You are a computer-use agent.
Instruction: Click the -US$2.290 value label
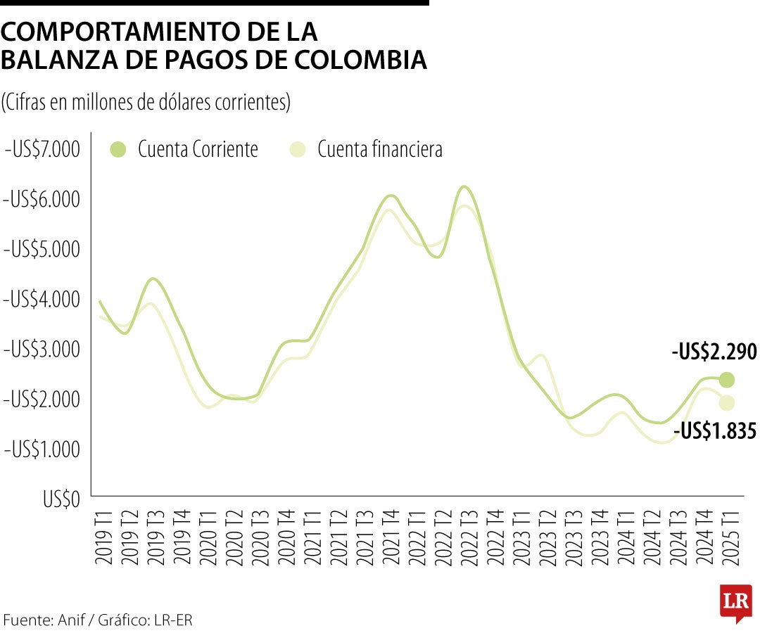pyautogui.click(x=714, y=352)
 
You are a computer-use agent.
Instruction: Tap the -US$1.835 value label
pyautogui.click(x=715, y=430)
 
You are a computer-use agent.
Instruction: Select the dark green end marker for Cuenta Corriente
pyautogui.click(x=726, y=380)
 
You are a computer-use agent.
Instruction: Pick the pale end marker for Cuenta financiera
pyautogui.click(x=726, y=403)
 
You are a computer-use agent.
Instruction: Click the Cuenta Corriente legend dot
pyautogui.click(x=118, y=150)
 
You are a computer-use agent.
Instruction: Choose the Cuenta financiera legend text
pyautogui.click(x=379, y=150)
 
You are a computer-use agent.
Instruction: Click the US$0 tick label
pyautogui.click(x=61, y=499)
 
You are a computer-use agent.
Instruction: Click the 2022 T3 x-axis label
pyautogui.click(x=464, y=539)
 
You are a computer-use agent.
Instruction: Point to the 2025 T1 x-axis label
pyautogui.click(x=726, y=539)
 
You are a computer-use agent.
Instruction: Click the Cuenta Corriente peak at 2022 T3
pyautogui.click(x=464, y=187)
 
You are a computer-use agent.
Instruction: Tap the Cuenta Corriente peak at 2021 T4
pyautogui.click(x=391, y=196)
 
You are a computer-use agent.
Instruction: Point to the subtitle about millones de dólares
pyautogui.click(x=146, y=102)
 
